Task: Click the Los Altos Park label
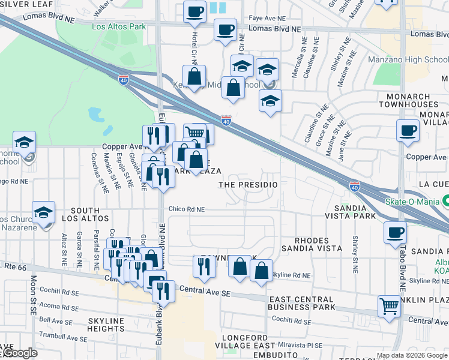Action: coord(119,27)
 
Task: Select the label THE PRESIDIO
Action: coord(248,185)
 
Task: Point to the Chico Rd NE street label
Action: coord(187,209)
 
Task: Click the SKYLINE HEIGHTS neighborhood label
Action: coord(105,325)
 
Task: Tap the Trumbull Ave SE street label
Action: coord(63,337)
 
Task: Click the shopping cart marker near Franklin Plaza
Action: coord(390,306)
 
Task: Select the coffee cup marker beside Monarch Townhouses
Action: coord(408,130)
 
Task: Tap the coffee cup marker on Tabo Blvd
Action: coord(395,232)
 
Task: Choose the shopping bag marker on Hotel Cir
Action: coord(194,76)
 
